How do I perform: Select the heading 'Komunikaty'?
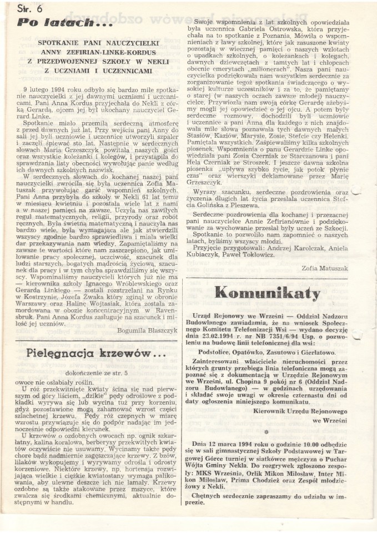267,293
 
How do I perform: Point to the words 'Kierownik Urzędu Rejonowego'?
301,411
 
